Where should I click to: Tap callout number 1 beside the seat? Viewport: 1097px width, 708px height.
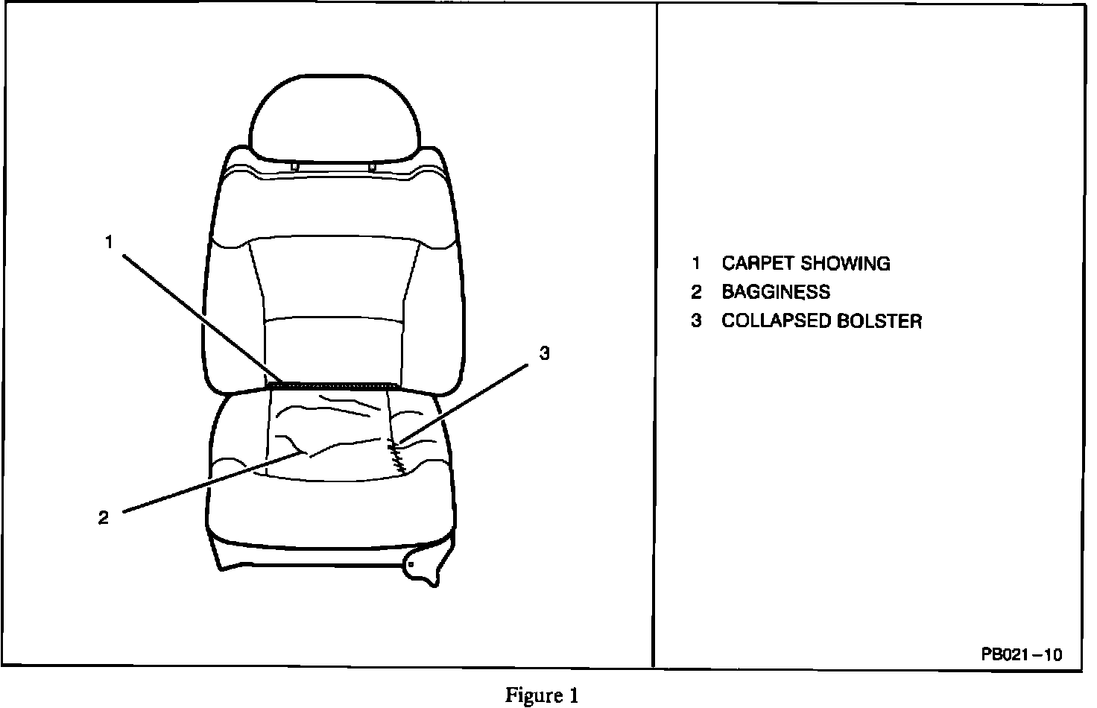(109, 242)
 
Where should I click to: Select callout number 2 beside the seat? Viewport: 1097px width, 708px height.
(104, 517)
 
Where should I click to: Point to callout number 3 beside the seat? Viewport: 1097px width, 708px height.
(545, 354)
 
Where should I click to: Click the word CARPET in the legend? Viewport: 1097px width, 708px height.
(754, 264)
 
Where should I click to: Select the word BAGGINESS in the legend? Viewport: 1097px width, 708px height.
(775, 292)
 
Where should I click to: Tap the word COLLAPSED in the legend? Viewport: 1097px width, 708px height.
(775, 321)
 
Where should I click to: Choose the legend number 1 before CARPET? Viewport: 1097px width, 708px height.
(695, 264)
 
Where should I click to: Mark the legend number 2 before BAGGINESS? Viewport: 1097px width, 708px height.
(695, 292)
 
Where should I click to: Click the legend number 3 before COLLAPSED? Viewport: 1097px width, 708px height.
(695, 321)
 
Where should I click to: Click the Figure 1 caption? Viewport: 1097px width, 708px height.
(542, 696)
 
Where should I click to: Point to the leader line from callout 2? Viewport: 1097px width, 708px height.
(209, 482)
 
